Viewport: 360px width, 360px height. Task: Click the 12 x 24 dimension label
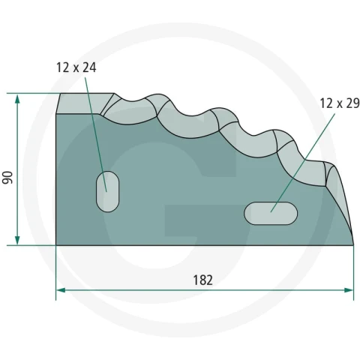[76, 67]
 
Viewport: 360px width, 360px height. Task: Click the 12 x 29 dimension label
[340, 103]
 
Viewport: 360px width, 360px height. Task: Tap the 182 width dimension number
[203, 280]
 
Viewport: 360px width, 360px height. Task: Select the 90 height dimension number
[7, 178]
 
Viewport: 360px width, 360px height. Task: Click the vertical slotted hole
[108, 191]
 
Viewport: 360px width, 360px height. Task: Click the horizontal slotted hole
[271, 214]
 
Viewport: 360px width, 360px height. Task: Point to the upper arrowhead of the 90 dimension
[17, 98]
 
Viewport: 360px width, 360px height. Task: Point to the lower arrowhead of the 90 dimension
[17, 240]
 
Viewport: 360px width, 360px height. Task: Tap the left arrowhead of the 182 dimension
[61, 290]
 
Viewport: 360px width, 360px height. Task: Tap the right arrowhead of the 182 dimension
[349, 290]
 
